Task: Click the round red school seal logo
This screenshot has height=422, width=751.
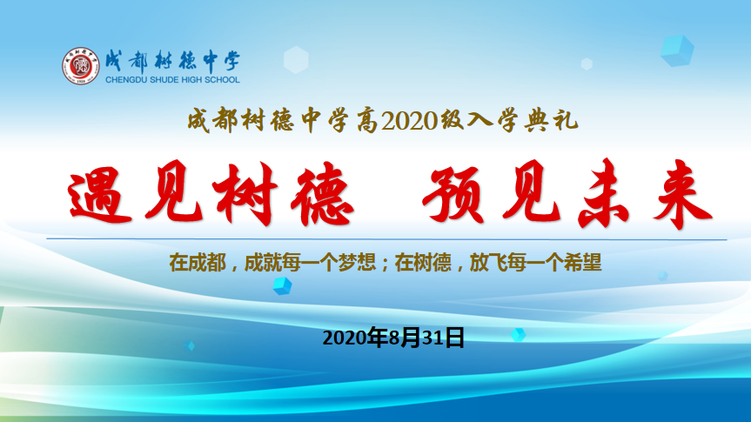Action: click(80, 66)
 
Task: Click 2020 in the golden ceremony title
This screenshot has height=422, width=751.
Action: click(410, 121)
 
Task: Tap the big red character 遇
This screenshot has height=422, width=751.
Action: click(99, 194)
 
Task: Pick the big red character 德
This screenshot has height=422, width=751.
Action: click(322, 194)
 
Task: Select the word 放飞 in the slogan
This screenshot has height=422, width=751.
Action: click(488, 263)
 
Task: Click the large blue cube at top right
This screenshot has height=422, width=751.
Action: click(677, 50)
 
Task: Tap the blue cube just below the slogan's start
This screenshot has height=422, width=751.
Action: click(282, 286)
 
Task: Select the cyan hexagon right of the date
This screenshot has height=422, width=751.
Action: click(519, 334)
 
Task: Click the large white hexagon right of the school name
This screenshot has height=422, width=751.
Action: click(296, 60)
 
